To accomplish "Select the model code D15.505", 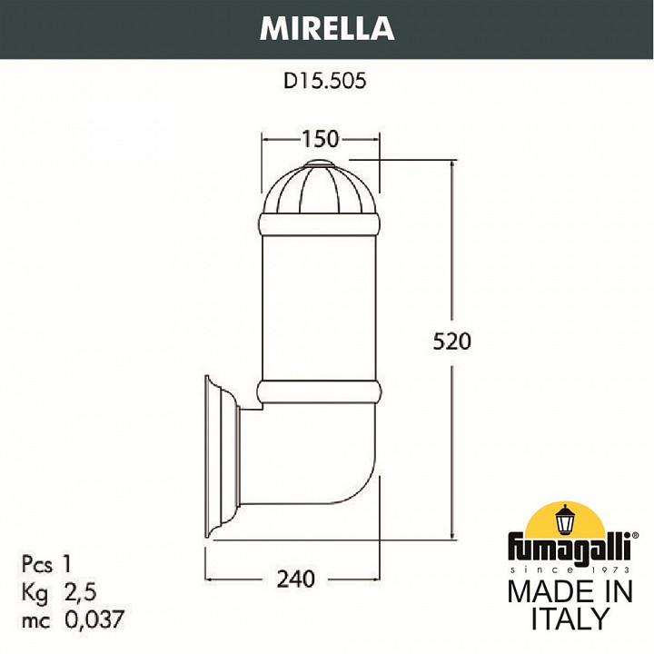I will pos(324,81).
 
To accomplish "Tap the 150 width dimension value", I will pos(321,139).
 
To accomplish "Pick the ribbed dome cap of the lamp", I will pos(319,188).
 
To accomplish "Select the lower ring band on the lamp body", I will pos(319,392).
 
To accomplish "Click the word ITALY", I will pos(570,619).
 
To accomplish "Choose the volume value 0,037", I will pos(94,621).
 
